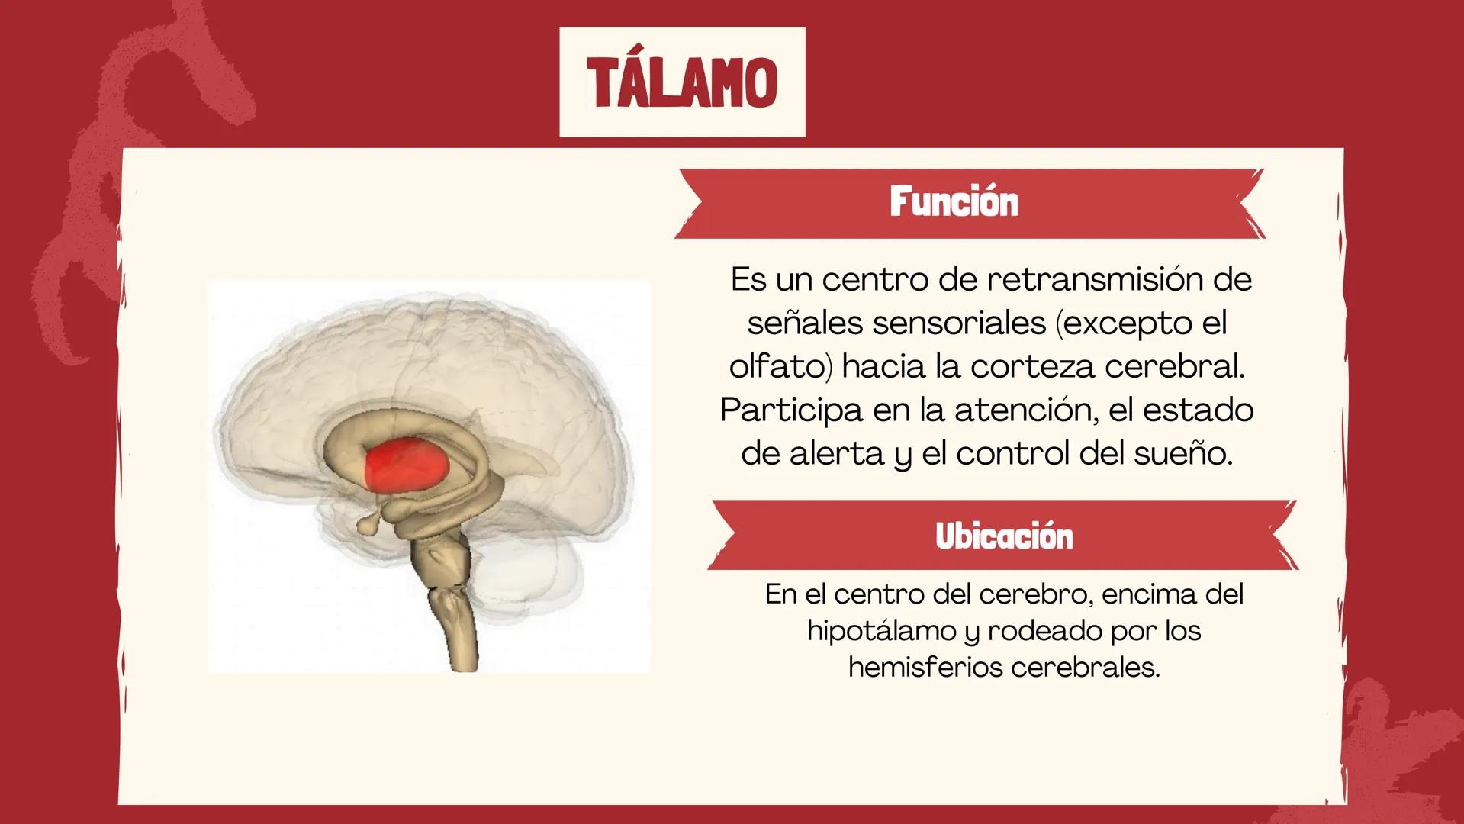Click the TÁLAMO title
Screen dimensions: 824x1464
682,82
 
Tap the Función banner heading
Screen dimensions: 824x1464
954,202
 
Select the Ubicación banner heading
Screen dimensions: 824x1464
1003,536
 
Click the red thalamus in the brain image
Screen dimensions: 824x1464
406,464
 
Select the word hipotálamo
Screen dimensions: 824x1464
881,631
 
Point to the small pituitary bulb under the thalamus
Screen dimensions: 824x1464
370,525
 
